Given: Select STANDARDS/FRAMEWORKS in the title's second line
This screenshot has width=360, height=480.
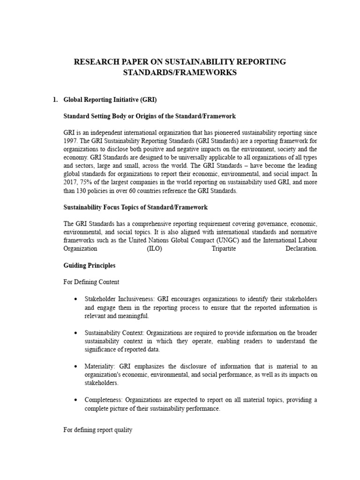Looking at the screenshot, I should coord(180,73).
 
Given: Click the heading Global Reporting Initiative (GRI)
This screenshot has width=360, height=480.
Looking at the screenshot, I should coord(110,100).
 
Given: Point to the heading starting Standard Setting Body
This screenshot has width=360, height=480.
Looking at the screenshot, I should coord(150,116).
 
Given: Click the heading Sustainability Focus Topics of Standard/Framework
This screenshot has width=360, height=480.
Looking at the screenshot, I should coord(135,207).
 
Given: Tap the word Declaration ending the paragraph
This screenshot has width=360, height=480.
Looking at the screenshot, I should coord(301,249).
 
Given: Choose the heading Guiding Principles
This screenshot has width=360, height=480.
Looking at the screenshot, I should coord(90,266).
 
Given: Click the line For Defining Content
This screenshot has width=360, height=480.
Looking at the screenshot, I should coord(91,282).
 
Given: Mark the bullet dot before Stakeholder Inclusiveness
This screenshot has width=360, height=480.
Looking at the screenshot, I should coord(75,299).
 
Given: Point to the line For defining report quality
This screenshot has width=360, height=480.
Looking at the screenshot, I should coord(98,430).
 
